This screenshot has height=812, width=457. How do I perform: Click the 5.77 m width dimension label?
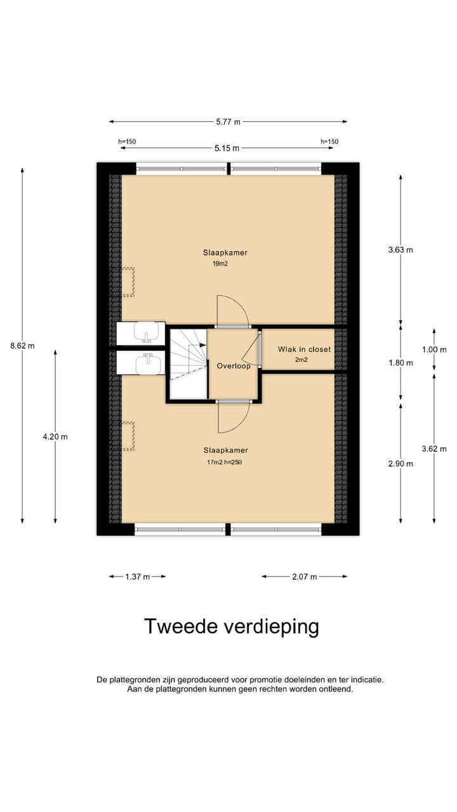pyautogui.click(x=228, y=121)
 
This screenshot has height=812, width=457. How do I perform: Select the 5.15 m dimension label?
pyautogui.click(x=227, y=148)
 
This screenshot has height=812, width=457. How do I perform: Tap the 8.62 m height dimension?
pyautogui.click(x=22, y=346)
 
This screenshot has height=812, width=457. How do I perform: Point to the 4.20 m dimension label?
pyautogui.click(x=55, y=436)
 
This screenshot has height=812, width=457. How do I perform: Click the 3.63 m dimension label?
pyautogui.click(x=401, y=249)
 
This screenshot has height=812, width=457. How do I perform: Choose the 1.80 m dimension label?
pyautogui.click(x=401, y=363)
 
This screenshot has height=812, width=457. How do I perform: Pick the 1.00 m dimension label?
pyautogui.click(x=434, y=350)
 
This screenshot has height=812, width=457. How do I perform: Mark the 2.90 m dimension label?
pyautogui.click(x=401, y=464)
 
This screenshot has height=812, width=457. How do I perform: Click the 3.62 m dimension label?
pyautogui.click(x=434, y=449)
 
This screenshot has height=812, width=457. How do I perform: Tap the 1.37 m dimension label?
pyautogui.click(x=137, y=577)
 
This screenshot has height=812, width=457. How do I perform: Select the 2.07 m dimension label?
pyautogui.click(x=305, y=577)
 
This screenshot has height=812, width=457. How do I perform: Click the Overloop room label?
pyautogui.click(x=233, y=366)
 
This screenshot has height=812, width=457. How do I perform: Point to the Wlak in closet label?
pyautogui.click(x=304, y=350)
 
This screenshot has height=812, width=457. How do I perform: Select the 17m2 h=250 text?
pyautogui.click(x=224, y=462)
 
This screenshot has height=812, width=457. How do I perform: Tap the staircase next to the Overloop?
pyautogui.click(x=189, y=363)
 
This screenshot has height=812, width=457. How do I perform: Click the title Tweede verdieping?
pyautogui.click(x=231, y=626)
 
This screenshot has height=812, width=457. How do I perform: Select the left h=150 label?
pyautogui.click(x=127, y=141)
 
